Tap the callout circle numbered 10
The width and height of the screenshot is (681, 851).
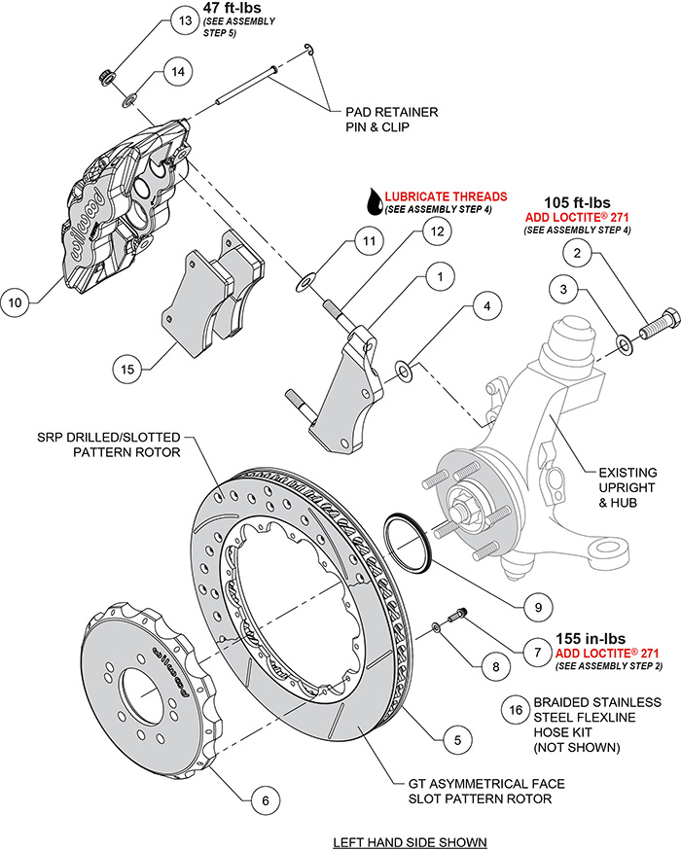click(15, 301)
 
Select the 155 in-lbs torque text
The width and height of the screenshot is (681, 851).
click(591, 639)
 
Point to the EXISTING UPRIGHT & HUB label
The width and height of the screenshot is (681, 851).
click(613, 486)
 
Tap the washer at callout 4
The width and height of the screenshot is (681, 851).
click(403, 370)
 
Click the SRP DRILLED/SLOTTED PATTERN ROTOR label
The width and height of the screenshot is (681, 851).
click(125, 444)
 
